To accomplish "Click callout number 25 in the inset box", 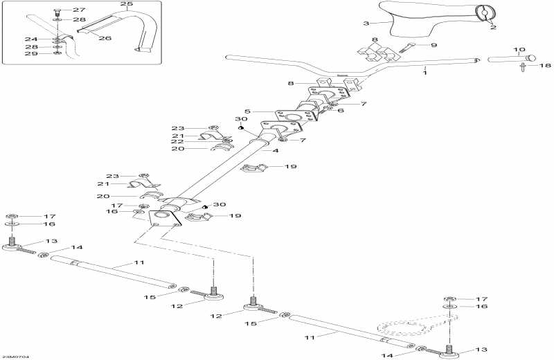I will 126,4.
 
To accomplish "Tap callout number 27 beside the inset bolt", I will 79,10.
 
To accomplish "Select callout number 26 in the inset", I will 105,38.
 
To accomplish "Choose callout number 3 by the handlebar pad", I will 366,24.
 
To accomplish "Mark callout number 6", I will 340,110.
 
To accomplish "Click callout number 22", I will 179,141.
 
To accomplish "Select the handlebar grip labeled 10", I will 509,60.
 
